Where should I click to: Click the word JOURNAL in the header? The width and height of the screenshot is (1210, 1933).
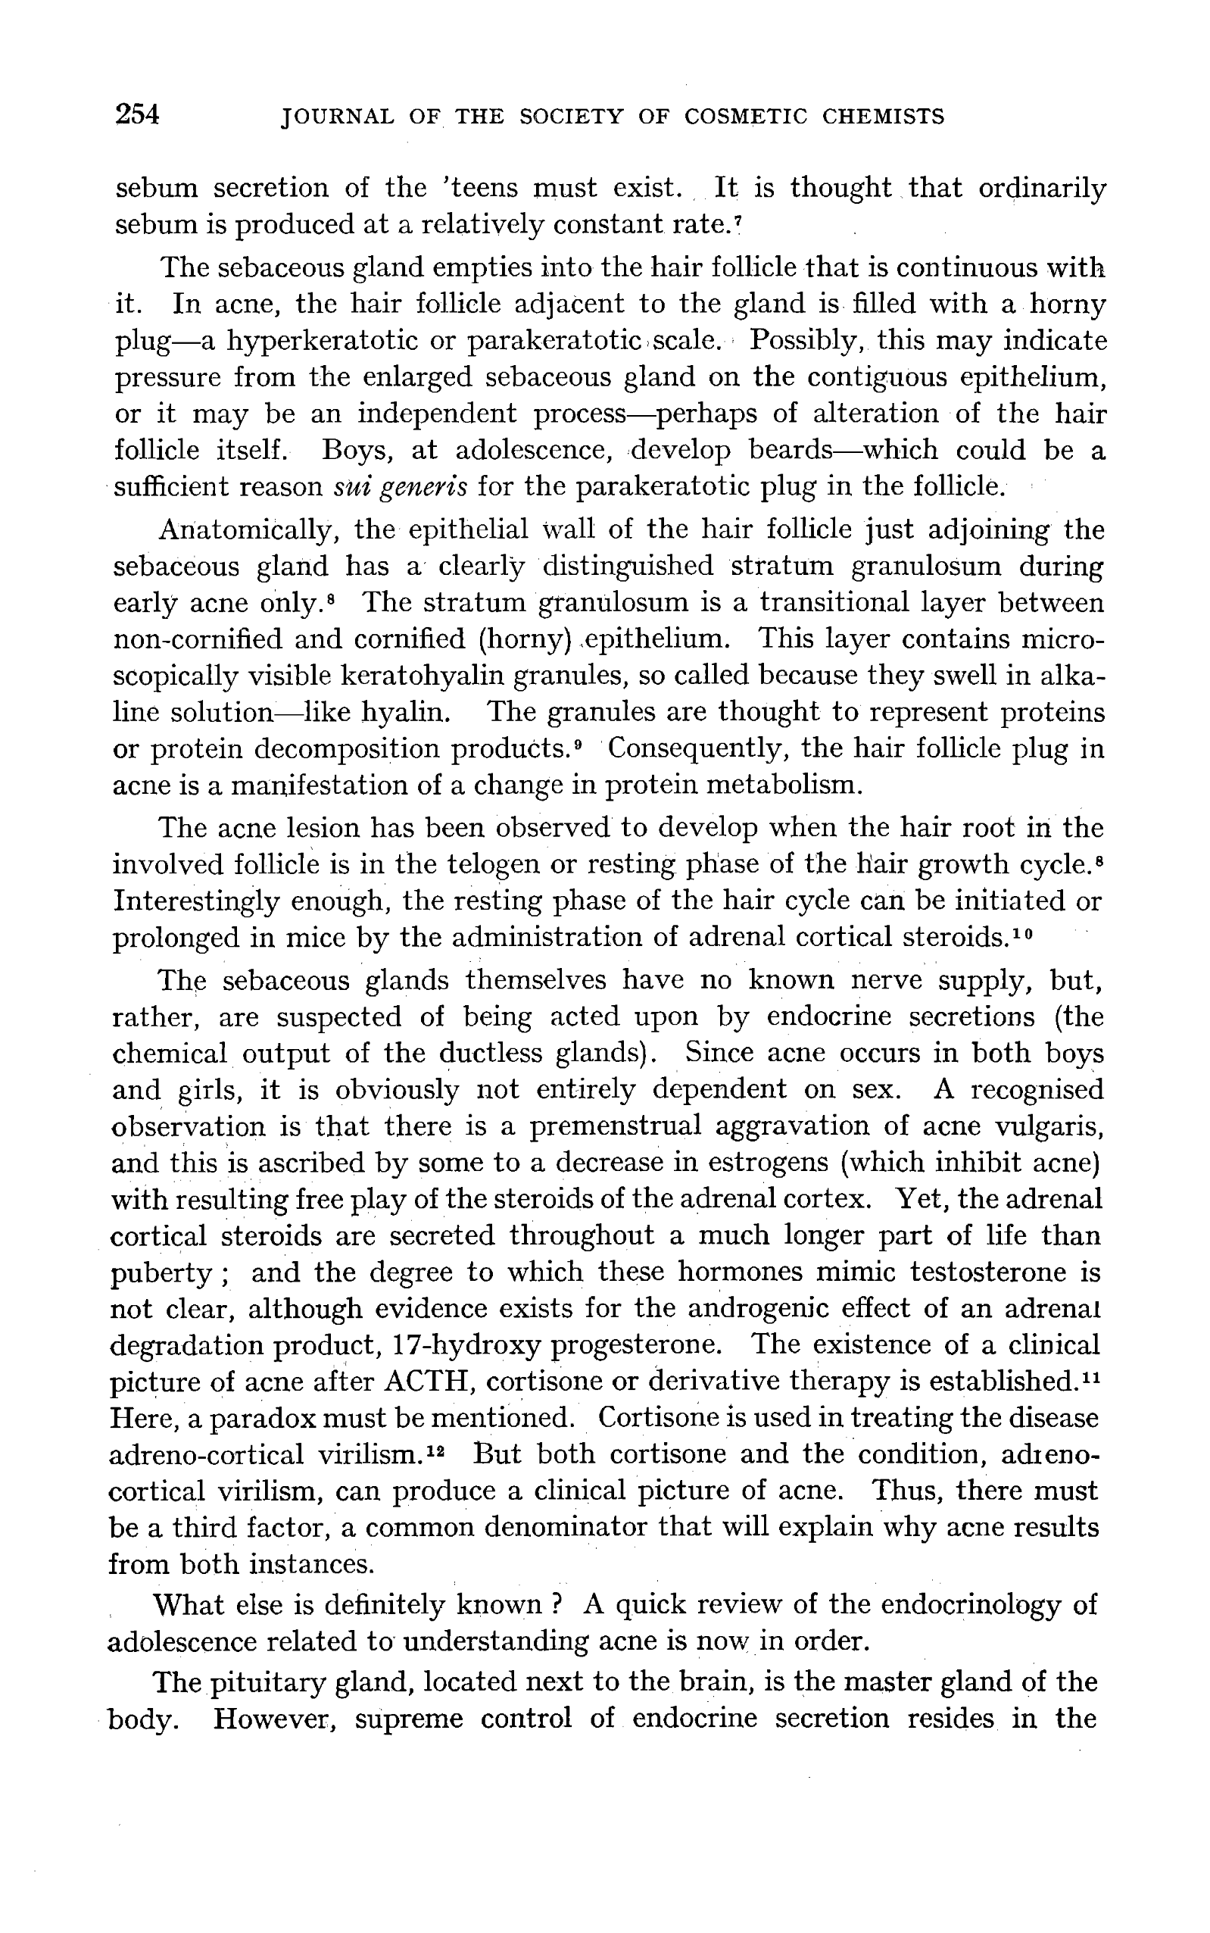click(336, 117)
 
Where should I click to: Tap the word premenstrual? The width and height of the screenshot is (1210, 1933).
click(616, 1126)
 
